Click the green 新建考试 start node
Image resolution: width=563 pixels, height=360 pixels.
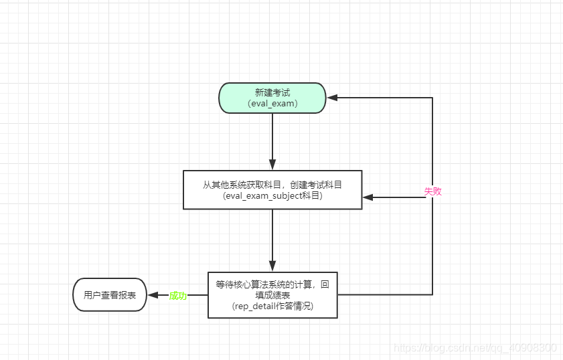272,98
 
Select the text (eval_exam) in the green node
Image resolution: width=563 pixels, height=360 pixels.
272,104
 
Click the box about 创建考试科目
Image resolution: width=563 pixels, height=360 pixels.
272,189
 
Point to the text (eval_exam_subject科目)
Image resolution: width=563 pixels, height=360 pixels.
272,196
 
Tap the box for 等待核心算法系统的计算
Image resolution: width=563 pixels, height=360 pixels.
272,294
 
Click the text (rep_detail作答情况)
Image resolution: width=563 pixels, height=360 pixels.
272,306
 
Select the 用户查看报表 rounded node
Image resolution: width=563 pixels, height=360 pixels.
109,294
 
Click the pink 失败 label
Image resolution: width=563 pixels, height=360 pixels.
432,191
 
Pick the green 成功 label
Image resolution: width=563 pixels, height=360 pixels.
177,295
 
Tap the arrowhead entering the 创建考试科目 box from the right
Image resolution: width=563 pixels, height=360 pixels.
368,197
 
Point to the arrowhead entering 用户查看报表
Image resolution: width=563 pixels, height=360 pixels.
153,295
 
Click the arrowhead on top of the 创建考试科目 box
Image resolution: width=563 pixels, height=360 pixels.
272,165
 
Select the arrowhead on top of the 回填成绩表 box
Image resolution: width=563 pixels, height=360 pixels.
272,266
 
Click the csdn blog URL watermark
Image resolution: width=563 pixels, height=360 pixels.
475,348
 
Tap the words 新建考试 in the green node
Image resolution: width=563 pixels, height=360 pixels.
272,92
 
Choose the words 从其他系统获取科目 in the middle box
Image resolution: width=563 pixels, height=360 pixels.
238,184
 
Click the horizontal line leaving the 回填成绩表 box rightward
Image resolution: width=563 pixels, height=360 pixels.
385,294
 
